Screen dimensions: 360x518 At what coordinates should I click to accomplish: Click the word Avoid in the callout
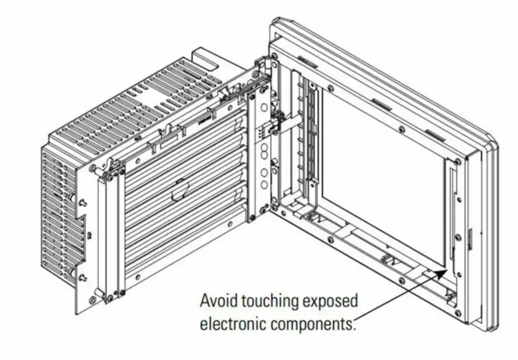[217, 302]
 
